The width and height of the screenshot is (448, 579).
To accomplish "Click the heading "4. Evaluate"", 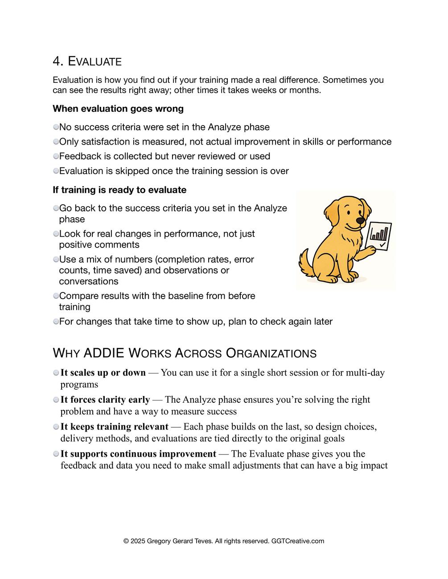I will [x=87, y=61].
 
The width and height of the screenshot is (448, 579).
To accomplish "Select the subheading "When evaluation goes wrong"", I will [x=118, y=109].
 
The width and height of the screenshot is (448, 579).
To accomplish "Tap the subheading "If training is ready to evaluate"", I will [x=119, y=190].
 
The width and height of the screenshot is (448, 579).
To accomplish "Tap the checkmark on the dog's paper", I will [x=382, y=244].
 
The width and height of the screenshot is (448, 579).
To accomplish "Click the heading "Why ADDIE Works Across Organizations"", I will [x=185, y=353].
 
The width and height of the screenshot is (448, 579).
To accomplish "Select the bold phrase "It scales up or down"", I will [x=103, y=373].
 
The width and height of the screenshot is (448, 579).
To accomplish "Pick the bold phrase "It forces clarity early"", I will [x=105, y=400].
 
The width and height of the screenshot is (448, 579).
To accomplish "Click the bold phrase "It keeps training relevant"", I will [x=115, y=427].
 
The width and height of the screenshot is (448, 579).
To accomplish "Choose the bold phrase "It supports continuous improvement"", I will [x=138, y=454].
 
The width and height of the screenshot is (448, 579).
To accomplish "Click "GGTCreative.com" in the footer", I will [x=298, y=541].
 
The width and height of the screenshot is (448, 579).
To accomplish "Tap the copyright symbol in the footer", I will [x=126, y=541].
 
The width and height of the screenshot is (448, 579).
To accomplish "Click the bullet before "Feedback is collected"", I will [x=56, y=156].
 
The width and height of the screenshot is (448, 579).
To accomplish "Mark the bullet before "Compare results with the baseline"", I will [x=56, y=296].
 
